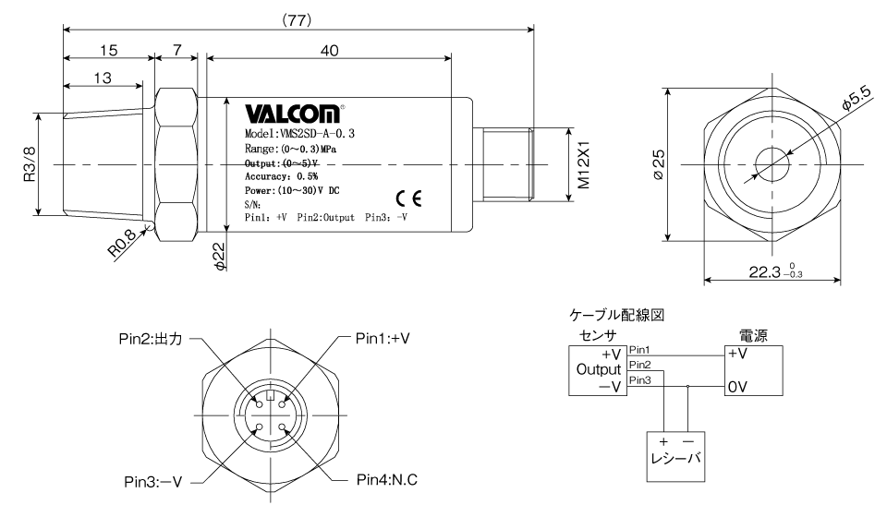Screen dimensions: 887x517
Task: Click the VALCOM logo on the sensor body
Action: click(293, 114)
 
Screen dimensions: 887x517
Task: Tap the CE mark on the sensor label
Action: click(408, 198)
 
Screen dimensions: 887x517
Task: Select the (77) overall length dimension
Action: click(297, 20)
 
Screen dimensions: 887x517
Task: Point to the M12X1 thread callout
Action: click(583, 165)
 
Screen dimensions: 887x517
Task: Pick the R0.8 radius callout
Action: click(122, 243)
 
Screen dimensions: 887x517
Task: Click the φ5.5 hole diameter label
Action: click(857, 97)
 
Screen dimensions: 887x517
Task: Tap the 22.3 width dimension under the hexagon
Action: click(775, 271)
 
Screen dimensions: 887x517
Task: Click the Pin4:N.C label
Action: click(387, 480)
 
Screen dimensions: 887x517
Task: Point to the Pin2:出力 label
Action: click(151, 339)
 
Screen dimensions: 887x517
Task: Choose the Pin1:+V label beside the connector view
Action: click(383, 339)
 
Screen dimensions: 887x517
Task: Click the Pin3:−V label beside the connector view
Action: click(152, 482)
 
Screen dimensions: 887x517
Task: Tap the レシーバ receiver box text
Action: click(675, 458)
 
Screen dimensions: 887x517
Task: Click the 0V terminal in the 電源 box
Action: click(737, 387)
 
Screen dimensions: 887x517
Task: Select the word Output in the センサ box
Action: click(599, 369)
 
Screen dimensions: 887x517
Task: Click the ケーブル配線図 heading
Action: click(616, 315)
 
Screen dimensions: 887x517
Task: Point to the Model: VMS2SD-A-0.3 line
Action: click(299, 134)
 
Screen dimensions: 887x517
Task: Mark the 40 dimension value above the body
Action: click(329, 51)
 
